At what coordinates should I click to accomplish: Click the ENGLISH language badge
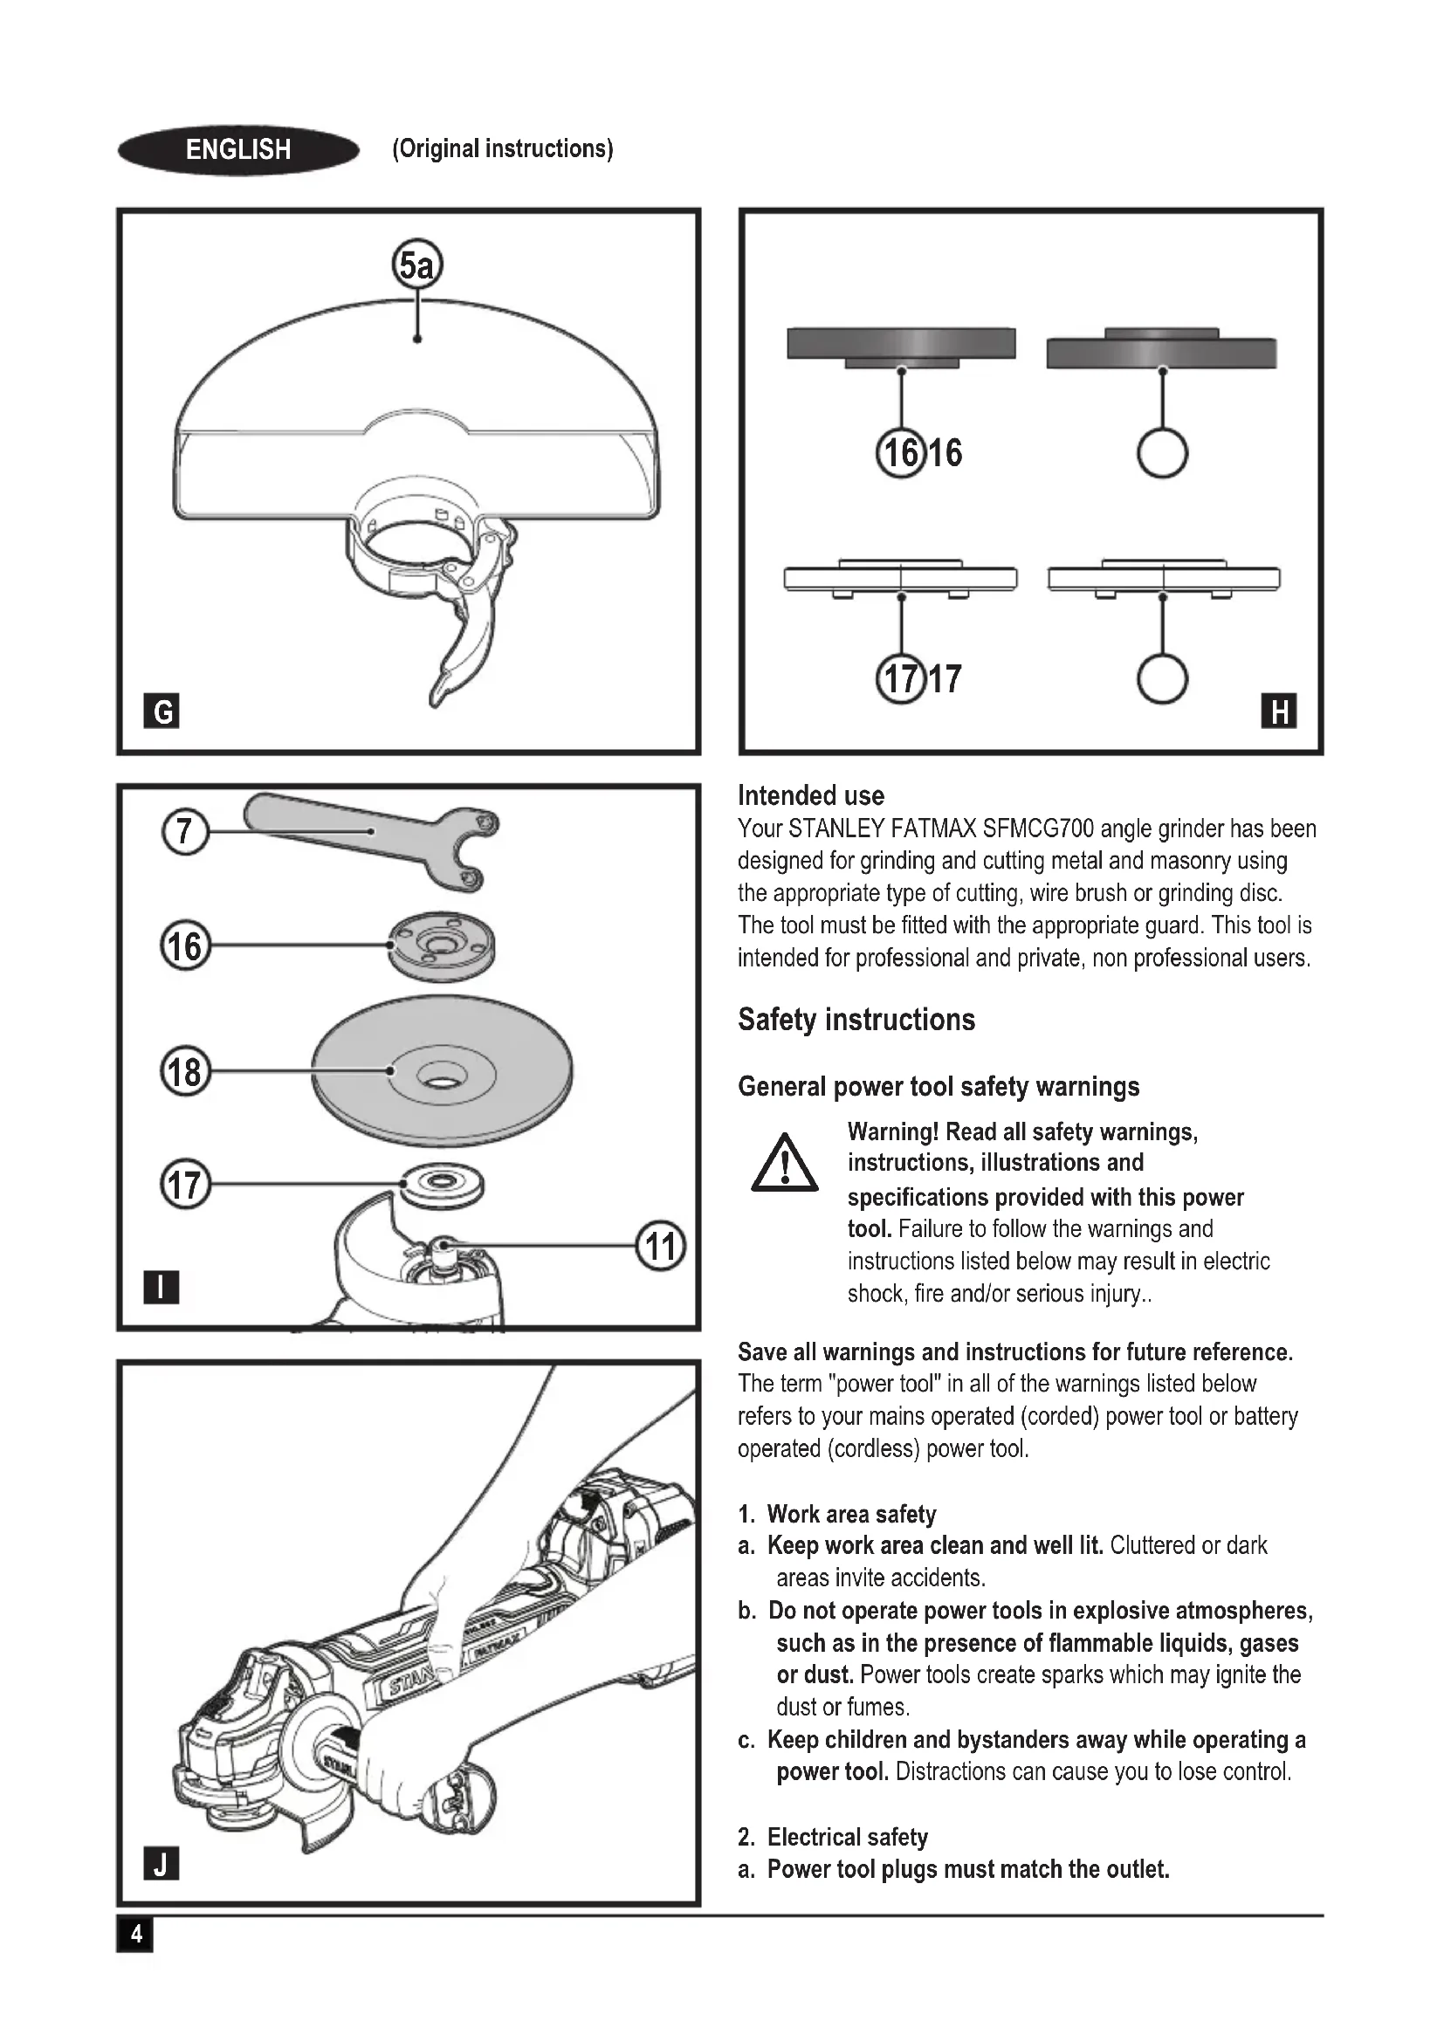coord(238,149)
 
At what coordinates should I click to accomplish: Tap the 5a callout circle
coord(417,265)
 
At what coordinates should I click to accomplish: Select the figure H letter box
coord(1279,711)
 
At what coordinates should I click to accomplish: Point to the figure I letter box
coord(161,1286)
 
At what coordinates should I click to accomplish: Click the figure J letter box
coord(161,1863)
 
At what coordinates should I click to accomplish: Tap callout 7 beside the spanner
coord(184,832)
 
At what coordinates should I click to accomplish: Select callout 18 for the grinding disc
coord(185,1071)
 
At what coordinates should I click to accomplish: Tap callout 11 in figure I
coord(661,1245)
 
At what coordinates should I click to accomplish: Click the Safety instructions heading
coord(856,1019)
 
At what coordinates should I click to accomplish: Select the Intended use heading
coord(811,795)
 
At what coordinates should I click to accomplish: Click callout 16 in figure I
coord(185,945)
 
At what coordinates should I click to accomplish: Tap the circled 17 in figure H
coord(901,679)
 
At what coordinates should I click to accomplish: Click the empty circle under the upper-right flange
coord(1162,453)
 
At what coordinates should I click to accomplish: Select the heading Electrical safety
coord(848,1837)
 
